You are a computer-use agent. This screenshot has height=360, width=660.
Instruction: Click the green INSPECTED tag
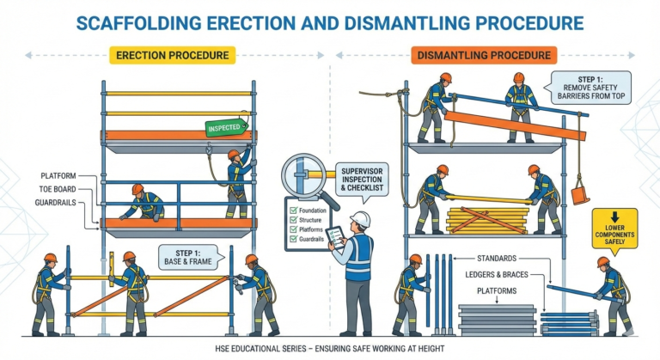[x=226, y=127]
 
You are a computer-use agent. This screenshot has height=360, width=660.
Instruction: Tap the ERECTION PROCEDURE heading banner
[x=174, y=56]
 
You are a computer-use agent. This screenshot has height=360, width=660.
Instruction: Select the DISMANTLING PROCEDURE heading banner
[x=486, y=56]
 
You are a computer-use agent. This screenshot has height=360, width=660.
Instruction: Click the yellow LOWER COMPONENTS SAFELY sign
[x=614, y=229]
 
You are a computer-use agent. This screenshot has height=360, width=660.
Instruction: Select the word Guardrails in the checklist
[x=313, y=240]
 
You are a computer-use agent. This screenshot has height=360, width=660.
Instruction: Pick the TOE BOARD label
[x=55, y=189]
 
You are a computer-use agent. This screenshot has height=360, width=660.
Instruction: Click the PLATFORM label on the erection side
[x=58, y=174]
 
